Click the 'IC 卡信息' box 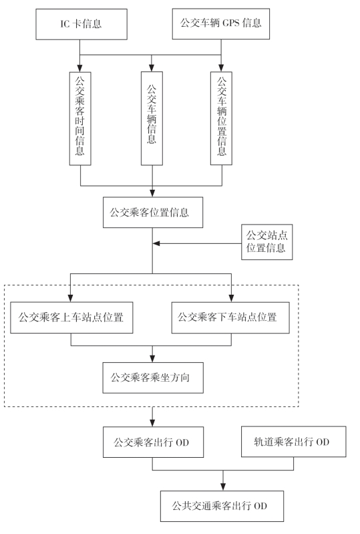click(81, 24)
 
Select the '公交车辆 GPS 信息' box click(221, 24)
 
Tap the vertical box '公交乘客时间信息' click(80, 118)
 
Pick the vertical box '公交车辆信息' click(152, 118)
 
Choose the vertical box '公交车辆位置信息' click(221, 118)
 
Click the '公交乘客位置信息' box click(153, 212)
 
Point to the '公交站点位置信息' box click(266, 242)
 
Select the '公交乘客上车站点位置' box click(71, 317)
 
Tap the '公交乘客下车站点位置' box click(230, 317)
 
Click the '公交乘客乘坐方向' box click(153, 378)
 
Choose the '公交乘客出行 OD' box click(154, 442)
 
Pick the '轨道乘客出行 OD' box click(294, 442)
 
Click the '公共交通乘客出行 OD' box click(222, 506)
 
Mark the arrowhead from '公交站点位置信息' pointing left click(156, 243)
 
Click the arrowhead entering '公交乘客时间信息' click(80, 68)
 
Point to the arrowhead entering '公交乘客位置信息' click(152, 192)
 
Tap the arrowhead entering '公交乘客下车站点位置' click(231, 297)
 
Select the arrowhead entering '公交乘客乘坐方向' click(152, 358)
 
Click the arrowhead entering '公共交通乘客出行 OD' click(223, 487)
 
